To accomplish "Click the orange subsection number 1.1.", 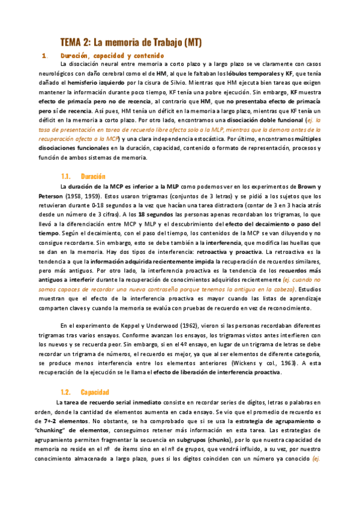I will click(66, 176).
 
